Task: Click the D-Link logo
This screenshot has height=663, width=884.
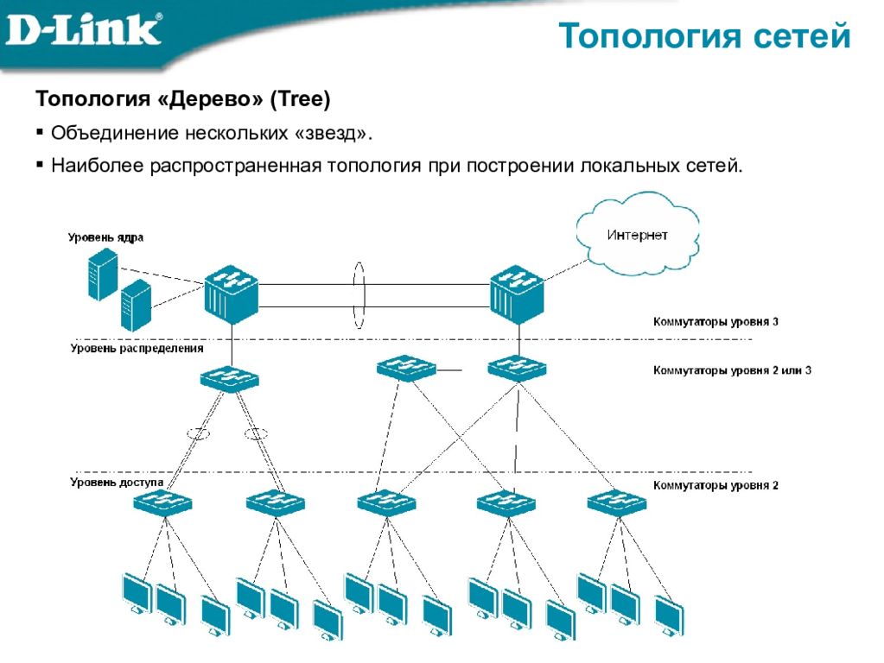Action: (84, 29)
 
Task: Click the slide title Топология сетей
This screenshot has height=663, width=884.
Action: (704, 36)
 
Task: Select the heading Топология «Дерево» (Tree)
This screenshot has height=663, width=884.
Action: (182, 98)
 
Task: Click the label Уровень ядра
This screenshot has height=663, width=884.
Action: (105, 237)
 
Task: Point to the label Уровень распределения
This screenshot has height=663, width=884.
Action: (137, 348)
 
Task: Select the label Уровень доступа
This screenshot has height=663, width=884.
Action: (117, 483)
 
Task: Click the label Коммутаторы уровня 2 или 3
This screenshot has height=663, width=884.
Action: (732, 370)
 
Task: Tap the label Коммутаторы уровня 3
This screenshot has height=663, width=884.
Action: (715, 322)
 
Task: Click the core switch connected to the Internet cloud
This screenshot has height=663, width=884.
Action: (517, 294)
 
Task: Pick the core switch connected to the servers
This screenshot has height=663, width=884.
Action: (231, 294)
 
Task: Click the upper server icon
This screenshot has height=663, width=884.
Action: (103, 275)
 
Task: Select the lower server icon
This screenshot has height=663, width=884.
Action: (137, 305)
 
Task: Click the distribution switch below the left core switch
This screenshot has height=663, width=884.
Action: (230, 378)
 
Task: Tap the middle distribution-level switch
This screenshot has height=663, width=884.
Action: (406, 369)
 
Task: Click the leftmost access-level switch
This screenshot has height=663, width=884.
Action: (163, 502)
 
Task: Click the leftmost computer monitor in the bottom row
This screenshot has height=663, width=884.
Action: (137, 593)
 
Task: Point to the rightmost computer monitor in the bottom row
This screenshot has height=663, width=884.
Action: (669, 616)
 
